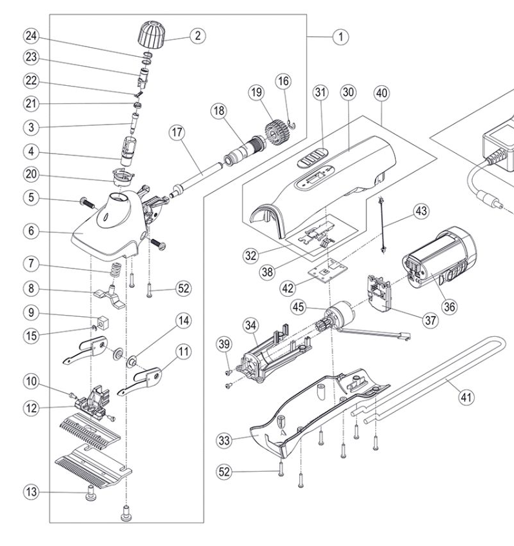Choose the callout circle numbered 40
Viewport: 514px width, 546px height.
[x=381, y=93]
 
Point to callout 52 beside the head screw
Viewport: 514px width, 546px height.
[x=184, y=288]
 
